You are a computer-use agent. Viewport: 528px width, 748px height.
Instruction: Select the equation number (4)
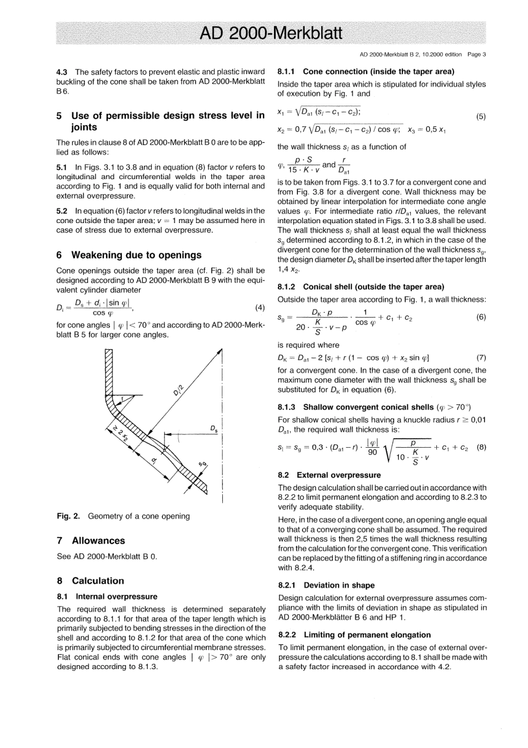coord(259,308)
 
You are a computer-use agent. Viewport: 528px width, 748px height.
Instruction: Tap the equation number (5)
coord(481,117)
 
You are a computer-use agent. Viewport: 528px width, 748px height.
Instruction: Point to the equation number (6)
coord(481,318)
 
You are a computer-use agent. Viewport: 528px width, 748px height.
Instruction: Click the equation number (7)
coord(481,358)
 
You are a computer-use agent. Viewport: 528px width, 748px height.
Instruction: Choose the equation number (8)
coord(481,447)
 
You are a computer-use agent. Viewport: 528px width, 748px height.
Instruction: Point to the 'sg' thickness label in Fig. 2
coord(203,465)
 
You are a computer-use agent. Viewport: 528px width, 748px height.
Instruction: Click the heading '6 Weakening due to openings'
coord(129,255)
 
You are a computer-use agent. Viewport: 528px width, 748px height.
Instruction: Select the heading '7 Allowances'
coord(91,541)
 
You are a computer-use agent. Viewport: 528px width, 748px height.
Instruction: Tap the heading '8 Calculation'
coord(91,581)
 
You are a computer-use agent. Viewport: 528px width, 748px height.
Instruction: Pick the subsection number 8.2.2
coord(287,635)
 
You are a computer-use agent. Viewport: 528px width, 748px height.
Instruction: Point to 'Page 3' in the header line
coord(477,55)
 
